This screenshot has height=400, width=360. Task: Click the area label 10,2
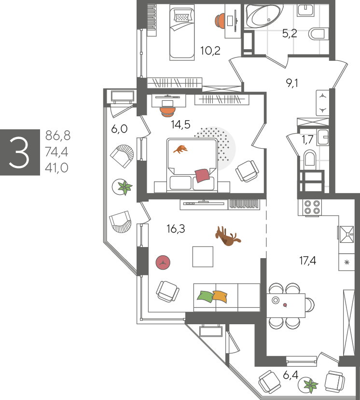[210, 51]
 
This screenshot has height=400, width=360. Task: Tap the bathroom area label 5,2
[290, 33]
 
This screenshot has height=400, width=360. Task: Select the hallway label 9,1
[292, 83]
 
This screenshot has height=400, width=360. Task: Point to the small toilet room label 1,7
[307, 139]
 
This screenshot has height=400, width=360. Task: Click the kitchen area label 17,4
[308, 261]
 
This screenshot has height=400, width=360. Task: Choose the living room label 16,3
[176, 229]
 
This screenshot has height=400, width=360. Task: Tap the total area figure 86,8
[57, 136]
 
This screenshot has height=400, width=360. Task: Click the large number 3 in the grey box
[19, 152]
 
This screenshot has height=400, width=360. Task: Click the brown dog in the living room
[228, 236]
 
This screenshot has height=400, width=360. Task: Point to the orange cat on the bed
[180, 149]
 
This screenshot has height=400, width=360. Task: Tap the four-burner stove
[312, 207]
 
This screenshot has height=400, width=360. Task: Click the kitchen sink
[346, 234]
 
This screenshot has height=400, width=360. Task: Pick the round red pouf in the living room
[163, 262]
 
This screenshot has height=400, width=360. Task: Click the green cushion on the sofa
[206, 297]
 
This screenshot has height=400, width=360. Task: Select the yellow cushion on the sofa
[220, 296]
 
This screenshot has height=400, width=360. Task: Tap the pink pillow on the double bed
[202, 175]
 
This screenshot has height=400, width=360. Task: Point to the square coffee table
[203, 257]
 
